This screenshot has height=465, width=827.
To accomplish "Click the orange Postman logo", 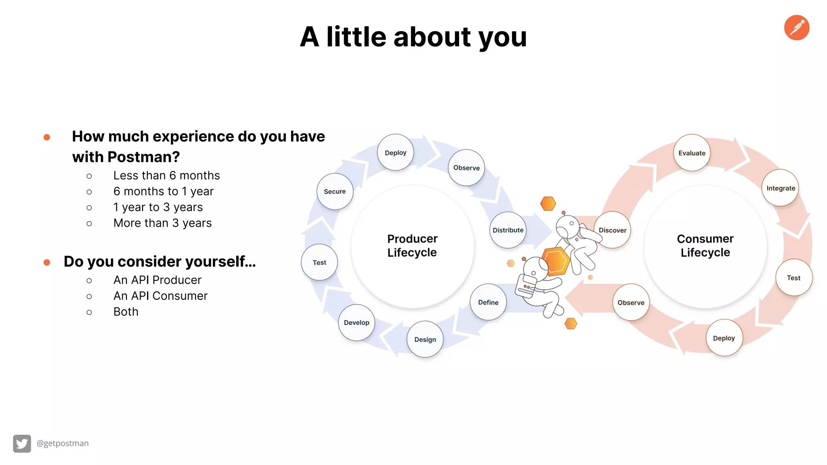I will [796, 28].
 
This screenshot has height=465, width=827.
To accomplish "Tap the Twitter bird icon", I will [22, 444].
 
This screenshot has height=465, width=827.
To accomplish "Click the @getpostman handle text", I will [63, 443].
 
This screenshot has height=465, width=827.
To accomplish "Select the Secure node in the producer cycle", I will [335, 191].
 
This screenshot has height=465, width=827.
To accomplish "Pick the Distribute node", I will [508, 230].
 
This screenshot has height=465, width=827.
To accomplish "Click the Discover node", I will [613, 230].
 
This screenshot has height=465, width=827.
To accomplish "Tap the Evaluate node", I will [692, 153].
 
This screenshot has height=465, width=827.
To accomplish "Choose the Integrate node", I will [781, 188].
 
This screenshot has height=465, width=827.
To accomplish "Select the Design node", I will [425, 339].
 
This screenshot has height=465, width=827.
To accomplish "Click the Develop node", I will [357, 323].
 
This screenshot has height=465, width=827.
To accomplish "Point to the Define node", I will [488, 302].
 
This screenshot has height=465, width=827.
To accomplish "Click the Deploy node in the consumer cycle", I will [724, 338].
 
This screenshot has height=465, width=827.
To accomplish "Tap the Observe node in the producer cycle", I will [466, 168].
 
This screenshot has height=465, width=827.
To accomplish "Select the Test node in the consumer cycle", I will [793, 278].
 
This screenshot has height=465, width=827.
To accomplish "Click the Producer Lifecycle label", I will [412, 245].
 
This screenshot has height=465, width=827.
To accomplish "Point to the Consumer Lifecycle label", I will [705, 245].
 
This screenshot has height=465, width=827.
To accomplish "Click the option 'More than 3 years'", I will [162, 223].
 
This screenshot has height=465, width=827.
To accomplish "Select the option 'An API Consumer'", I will [160, 296].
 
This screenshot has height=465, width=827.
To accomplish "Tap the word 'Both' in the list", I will [126, 312].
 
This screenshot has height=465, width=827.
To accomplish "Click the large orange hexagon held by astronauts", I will [556, 262].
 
